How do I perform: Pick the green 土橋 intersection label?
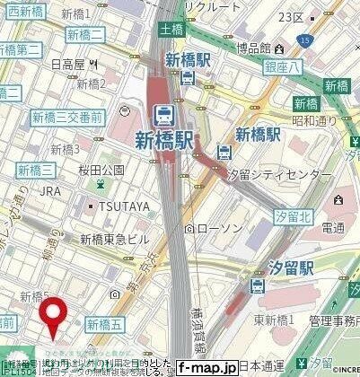tap(171, 31)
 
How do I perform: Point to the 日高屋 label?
tap(67, 64)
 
